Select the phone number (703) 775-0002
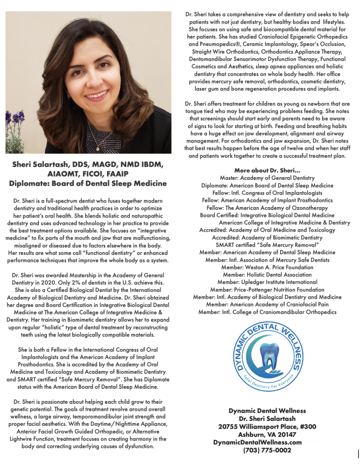pyautogui.click(x=267, y=450)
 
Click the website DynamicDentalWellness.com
pyautogui.click(x=257, y=442)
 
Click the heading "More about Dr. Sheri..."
pyautogui.click(x=267, y=170)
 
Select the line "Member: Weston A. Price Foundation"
pyautogui.click(x=267, y=267)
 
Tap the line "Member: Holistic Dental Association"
pyautogui.click(x=267, y=275)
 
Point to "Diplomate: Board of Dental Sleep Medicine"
pyautogui.click(x=88, y=183)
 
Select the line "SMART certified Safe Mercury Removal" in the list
pyautogui.click(x=267, y=245)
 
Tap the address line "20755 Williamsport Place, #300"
pyautogui.click(x=267, y=426)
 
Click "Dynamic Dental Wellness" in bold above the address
pyautogui.click(x=267, y=411)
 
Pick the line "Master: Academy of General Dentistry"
pyautogui.click(x=267, y=178)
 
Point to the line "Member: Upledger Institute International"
pyautogui.click(x=267, y=282)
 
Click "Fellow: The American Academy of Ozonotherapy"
pyautogui.click(x=267, y=208)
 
